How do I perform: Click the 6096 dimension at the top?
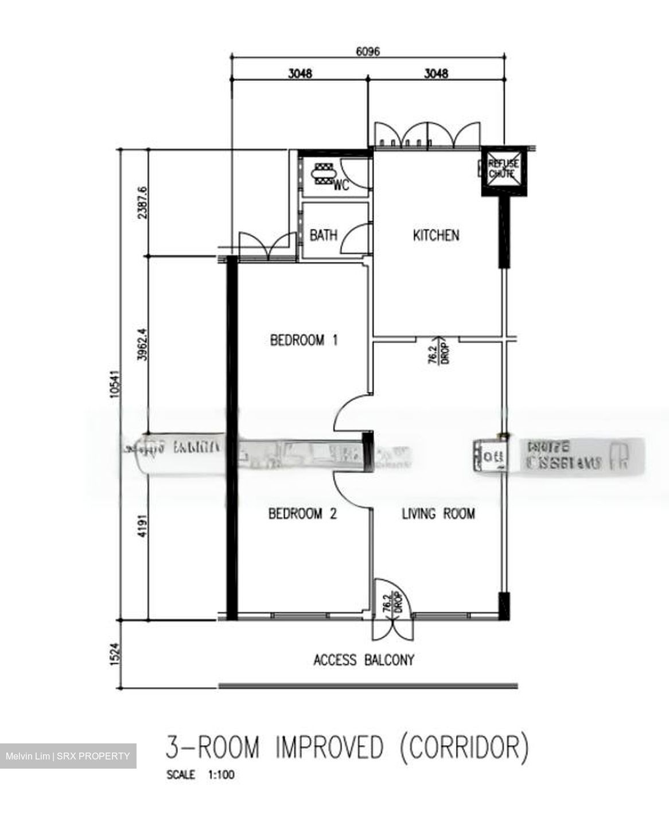coord(368,51)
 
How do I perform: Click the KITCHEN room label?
coord(436,235)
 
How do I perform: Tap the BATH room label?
coord(324,235)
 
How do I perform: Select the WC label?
coord(341,186)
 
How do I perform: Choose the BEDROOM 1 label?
coord(304,340)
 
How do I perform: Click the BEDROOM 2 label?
coord(302,513)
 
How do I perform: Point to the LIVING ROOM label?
coord(438,513)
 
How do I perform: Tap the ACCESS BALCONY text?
coord(364,660)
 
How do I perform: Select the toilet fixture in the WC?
coord(322,173)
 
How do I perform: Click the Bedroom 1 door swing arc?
coord(351,414)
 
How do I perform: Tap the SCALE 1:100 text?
coord(200,775)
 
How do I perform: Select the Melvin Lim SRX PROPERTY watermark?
coord(68,756)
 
